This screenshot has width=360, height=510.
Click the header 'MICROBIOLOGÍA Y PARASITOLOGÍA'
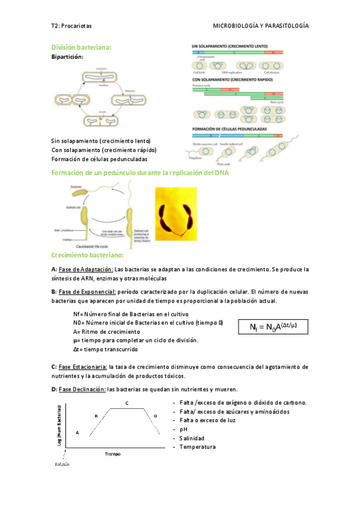(261, 26)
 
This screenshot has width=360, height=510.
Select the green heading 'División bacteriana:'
(82, 47)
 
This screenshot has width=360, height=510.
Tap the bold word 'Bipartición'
(67, 57)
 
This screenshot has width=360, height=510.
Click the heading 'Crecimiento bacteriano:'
(88, 256)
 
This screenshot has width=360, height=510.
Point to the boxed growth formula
(273, 328)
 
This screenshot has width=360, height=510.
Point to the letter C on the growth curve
(127, 402)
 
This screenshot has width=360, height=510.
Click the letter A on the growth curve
(77, 432)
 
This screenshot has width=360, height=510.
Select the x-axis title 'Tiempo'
(113, 454)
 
